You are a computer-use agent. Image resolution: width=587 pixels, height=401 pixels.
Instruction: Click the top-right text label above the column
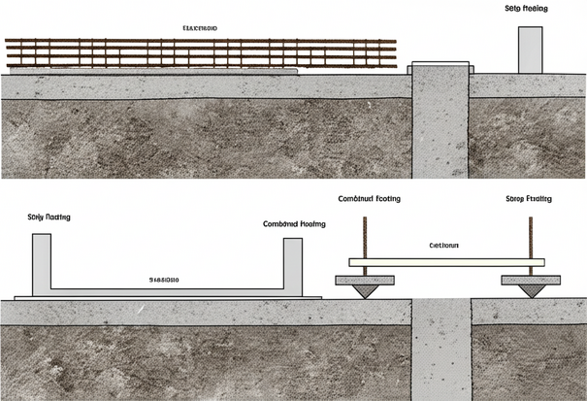[526, 8]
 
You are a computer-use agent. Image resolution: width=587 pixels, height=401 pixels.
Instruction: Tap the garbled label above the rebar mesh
[199, 29]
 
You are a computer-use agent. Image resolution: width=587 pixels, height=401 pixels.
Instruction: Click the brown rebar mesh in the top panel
[201, 53]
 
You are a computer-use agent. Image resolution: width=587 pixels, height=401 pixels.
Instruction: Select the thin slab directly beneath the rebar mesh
[155, 71]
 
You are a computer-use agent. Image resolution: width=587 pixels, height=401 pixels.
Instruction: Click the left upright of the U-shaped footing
[42, 264]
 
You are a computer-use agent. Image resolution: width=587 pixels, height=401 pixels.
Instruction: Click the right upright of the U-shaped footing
[292, 264]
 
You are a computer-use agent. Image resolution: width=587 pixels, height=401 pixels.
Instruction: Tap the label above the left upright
[49, 217]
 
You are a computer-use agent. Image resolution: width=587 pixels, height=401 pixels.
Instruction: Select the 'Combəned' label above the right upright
[293, 223]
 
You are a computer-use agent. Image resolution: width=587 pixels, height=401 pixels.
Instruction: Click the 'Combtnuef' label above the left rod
[369, 198]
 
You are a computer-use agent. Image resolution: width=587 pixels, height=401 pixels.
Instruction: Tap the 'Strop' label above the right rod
[529, 198]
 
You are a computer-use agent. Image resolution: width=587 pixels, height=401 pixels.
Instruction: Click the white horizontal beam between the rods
[447, 262]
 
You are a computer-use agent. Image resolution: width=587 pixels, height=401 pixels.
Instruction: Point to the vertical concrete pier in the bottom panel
[441, 350]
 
